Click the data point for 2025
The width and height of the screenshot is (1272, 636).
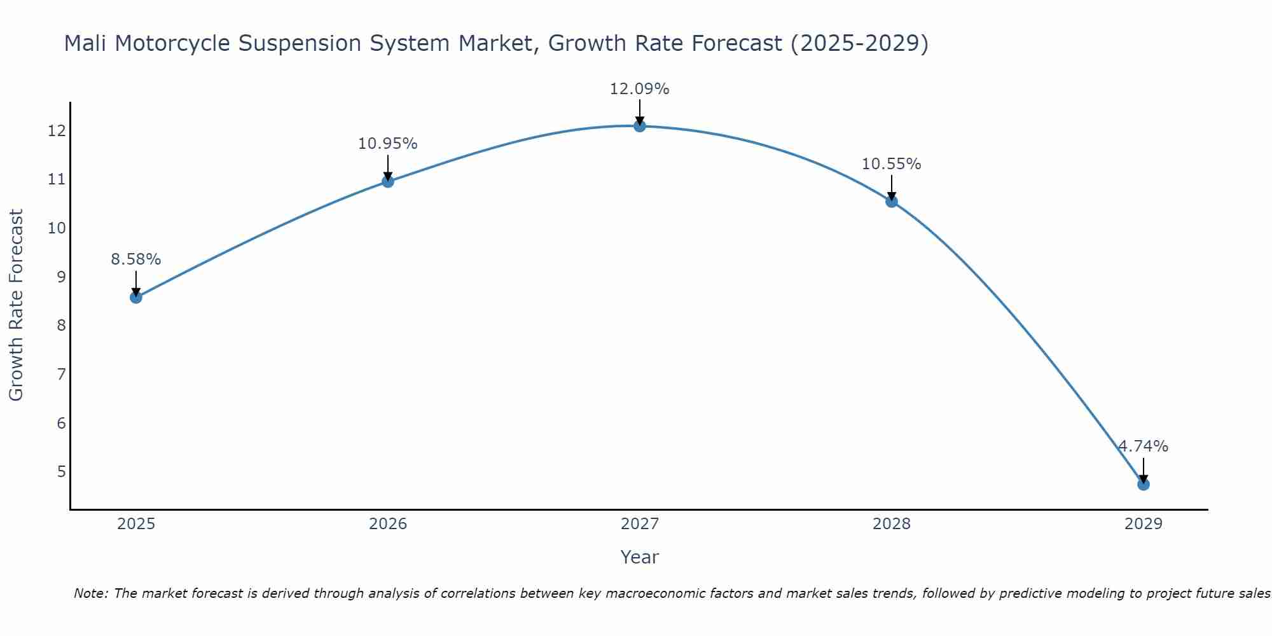(x=136, y=297)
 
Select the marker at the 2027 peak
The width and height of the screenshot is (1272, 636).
(x=640, y=126)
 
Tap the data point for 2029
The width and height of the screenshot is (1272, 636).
(x=1144, y=484)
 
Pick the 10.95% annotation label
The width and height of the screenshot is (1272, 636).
(x=387, y=144)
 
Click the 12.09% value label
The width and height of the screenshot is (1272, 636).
(x=639, y=89)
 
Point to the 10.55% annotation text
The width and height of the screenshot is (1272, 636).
(x=891, y=164)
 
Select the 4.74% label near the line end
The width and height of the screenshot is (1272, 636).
(x=1143, y=446)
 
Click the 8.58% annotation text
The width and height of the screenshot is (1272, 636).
(x=135, y=259)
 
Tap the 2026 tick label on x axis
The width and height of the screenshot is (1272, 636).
(x=388, y=524)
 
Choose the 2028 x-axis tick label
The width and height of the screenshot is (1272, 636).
(x=892, y=524)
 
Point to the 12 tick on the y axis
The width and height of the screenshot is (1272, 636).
(x=57, y=131)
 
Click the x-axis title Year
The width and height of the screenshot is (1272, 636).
(x=639, y=557)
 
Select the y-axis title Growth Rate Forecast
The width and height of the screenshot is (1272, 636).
(x=17, y=305)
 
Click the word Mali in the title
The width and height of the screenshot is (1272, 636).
(x=86, y=43)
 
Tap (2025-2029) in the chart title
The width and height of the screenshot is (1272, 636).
(x=859, y=43)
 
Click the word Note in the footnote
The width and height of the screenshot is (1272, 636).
(x=90, y=593)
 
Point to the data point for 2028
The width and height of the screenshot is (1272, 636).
(x=892, y=202)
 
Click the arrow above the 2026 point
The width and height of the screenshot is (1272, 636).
(x=388, y=169)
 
